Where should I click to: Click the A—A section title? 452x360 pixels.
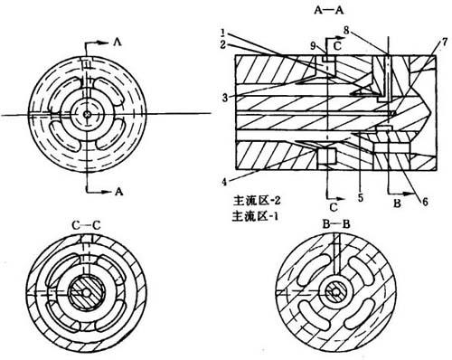pos(329,10)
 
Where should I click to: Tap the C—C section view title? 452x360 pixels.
pos(86,225)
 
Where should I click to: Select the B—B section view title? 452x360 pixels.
pos(336,224)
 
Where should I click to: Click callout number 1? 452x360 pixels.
pos(223,32)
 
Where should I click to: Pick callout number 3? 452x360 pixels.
pos(225,97)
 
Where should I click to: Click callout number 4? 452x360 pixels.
pos(224,182)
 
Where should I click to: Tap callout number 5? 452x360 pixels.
pos(361,197)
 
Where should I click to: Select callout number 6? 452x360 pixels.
pos(425,202)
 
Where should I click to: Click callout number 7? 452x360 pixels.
pos(444,43)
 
